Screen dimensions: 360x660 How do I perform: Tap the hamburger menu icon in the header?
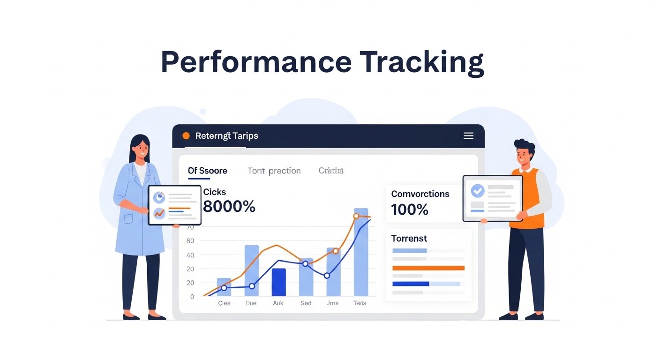(x=468, y=136)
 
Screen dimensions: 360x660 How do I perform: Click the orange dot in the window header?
(x=186, y=136)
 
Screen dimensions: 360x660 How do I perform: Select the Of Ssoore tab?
(x=207, y=171)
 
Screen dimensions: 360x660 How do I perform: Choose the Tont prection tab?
(x=274, y=171)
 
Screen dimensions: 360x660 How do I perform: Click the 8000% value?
(x=229, y=206)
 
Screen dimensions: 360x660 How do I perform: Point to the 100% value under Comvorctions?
(x=410, y=210)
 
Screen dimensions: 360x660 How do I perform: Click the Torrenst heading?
(x=409, y=238)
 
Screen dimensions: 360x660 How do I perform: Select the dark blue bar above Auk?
(x=278, y=282)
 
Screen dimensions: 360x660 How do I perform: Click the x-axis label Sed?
(x=306, y=303)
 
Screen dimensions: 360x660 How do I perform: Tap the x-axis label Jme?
(x=332, y=303)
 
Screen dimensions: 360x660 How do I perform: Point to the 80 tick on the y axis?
(x=190, y=241)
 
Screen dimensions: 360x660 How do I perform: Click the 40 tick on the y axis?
(x=190, y=255)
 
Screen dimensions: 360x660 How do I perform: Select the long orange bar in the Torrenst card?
(x=428, y=268)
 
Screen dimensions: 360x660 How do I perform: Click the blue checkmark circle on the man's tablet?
(x=477, y=190)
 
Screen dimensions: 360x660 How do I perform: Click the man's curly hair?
(x=524, y=144)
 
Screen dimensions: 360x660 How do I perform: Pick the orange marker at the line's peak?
(x=356, y=216)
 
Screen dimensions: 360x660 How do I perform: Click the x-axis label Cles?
(x=224, y=303)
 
